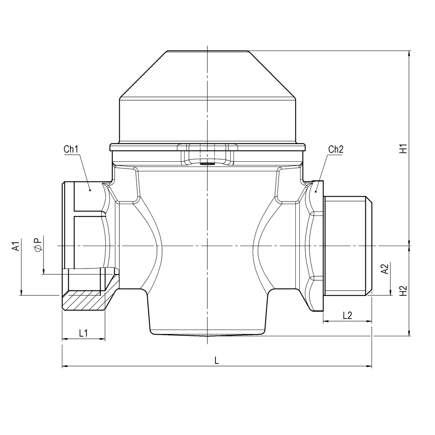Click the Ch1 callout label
(x=70, y=150)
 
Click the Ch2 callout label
(x=336, y=150)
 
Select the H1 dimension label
(x=404, y=148)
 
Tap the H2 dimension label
(x=404, y=291)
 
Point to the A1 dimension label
(x=15, y=246)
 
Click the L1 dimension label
(x=84, y=333)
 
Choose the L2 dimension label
(x=347, y=316)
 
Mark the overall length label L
(x=217, y=361)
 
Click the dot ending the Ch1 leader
(x=90, y=190)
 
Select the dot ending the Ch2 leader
(x=316, y=191)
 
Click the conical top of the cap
(x=207, y=74)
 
